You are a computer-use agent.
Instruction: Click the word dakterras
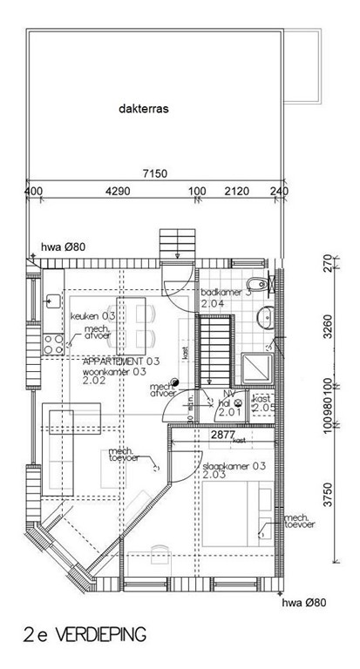(x=144, y=111)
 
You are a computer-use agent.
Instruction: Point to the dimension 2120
(x=236, y=192)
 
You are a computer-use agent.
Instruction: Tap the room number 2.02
(x=94, y=381)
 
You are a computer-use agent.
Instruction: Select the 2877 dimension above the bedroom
(x=224, y=433)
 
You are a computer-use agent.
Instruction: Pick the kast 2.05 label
(x=262, y=402)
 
